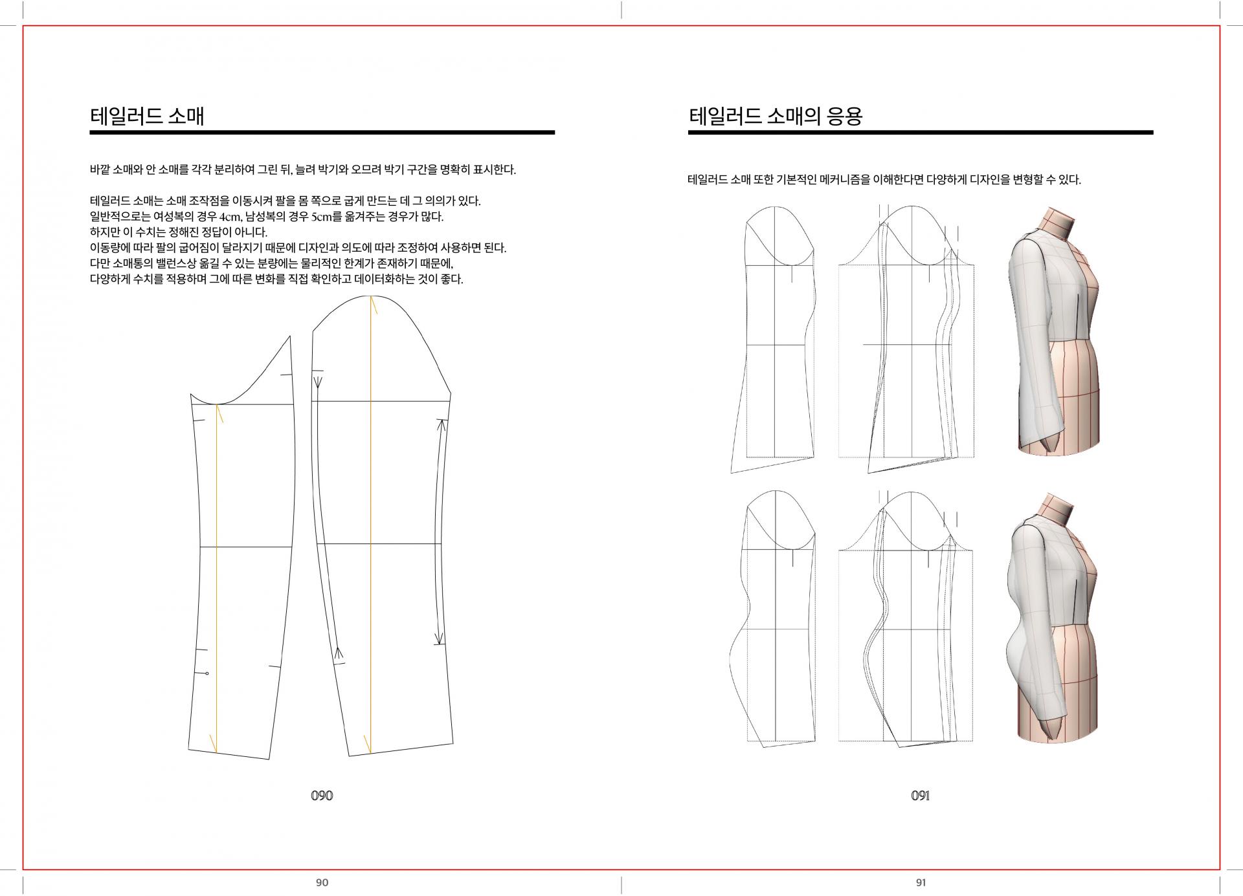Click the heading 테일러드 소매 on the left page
[147, 116]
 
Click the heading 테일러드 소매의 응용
[776, 116]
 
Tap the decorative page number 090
[322, 795]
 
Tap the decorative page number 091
[920, 795]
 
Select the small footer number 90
[322, 882]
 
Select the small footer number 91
[921, 882]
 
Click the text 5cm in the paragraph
[321, 217]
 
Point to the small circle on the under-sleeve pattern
[207, 674]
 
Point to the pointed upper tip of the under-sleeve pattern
[289, 336]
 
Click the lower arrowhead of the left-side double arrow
[338, 655]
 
